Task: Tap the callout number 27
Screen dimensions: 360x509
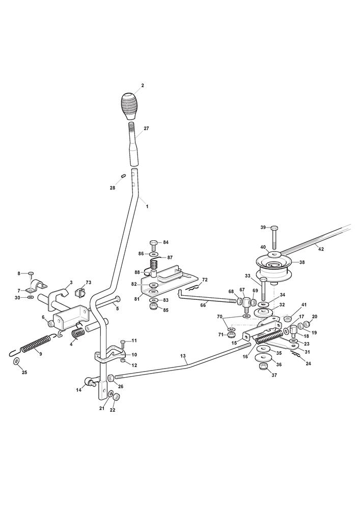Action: (x=146, y=128)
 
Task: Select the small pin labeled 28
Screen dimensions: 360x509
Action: (x=123, y=176)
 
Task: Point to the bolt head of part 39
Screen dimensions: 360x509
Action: (x=273, y=227)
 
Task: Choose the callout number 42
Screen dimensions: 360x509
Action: (x=320, y=249)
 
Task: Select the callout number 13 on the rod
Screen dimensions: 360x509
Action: (x=183, y=356)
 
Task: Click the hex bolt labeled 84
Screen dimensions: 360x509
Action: (x=154, y=245)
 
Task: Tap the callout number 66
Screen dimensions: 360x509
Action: (x=203, y=305)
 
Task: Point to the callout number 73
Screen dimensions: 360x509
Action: (x=89, y=282)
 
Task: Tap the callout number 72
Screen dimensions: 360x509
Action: (x=205, y=279)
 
